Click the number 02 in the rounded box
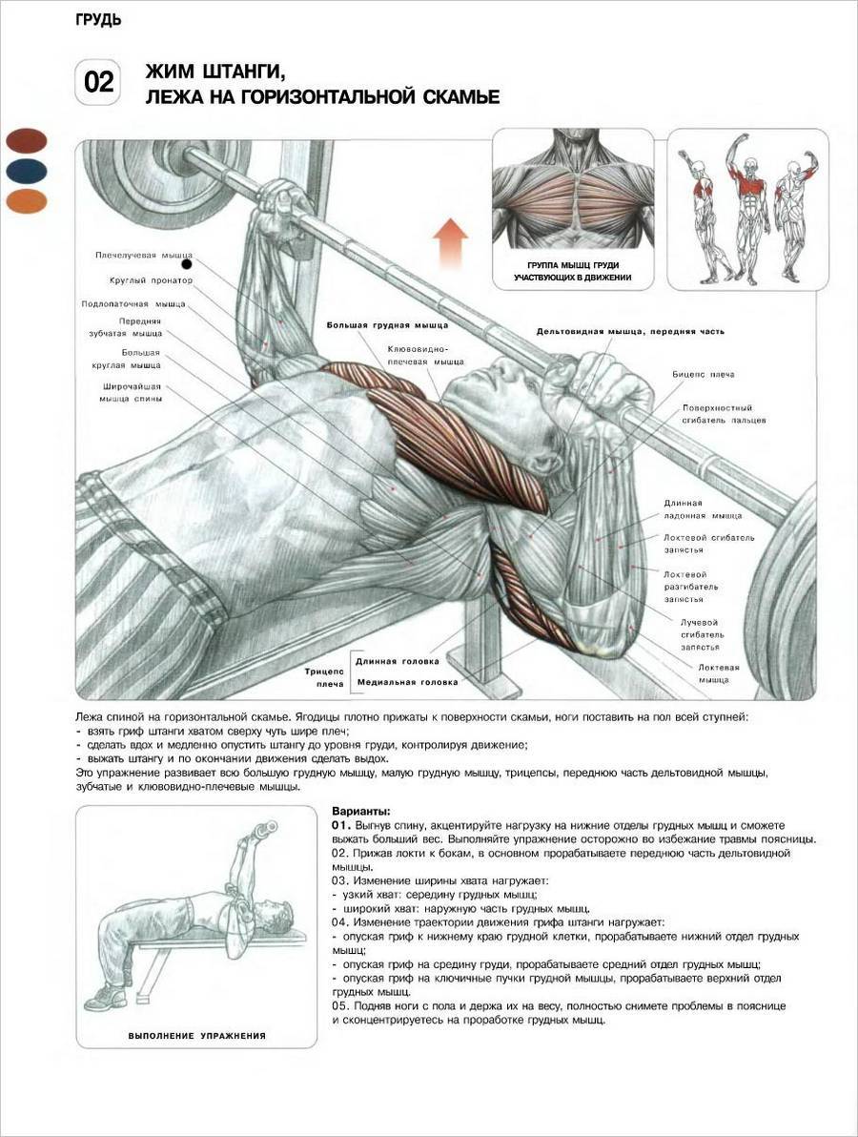pos(99,82)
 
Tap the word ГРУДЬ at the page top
pos(98,20)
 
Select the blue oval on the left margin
pos(27,171)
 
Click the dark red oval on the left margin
pos(27,140)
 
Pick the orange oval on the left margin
pos(27,201)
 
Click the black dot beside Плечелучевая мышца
pos(187,264)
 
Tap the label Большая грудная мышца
pos(387,325)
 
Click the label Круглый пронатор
pos(151,280)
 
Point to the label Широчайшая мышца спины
pos(131,392)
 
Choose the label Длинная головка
pos(398,661)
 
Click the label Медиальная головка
pos(407,682)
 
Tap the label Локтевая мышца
pos(718,673)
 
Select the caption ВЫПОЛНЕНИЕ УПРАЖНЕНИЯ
pos(196,1036)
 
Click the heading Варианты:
pos(361,812)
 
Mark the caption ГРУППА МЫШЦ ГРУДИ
pos(573,265)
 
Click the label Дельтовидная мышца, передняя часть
pos(630,331)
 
